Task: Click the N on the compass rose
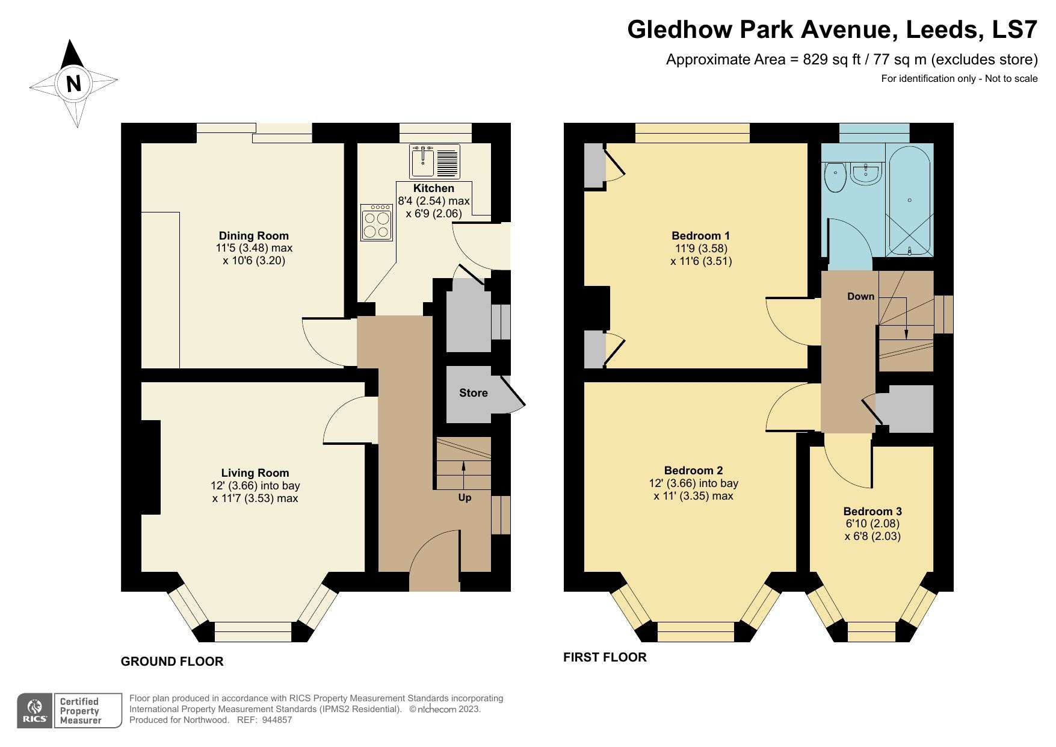(x=73, y=83)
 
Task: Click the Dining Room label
(x=253, y=235)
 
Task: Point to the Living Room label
(x=255, y=473)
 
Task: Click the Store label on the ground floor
(x=473, y=393)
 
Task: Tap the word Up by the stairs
(x=465, y=498)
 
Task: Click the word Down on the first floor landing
(x=860, y=296)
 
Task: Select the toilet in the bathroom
(x=835, y=177)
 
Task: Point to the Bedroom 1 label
(x=700, y=235)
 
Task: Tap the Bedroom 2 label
(x=693, y=470)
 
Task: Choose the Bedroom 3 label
(x=872, y=511)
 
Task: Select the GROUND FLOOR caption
(x=172, y=662)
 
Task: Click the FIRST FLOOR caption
(x=605, y=657)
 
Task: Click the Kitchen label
(x=433, y=188)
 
